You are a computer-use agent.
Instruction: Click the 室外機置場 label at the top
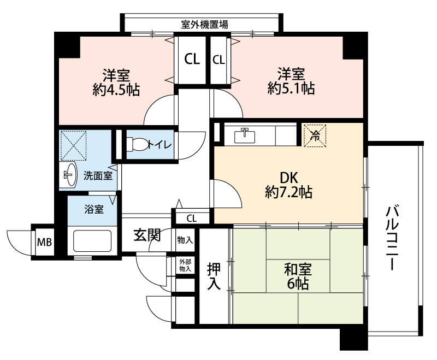click(x=204, y=25)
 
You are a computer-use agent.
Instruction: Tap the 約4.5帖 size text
click(x=116, y=90)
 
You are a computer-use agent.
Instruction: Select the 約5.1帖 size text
click(x=291, y=88)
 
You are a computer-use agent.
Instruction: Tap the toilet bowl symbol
click(x=138, y=144)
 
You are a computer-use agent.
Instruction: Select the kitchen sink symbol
click(x=245, y=135)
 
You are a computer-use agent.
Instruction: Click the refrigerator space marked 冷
click(x=315, y=135)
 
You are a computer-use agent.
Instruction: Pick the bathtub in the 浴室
click(x=92, y=241)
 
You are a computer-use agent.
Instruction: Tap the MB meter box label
click(x=45, y=242)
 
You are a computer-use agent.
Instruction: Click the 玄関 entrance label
click(x=147, y=235)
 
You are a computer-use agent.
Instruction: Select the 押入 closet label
click(x=214, y=276)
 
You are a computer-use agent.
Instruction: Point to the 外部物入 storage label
click(x=185, y=265)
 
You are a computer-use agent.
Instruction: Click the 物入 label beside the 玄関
click(x=185, y=240)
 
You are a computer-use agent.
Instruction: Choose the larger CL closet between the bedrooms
click(x=192, y=59)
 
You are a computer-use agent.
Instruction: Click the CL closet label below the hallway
click(x=192, y=219)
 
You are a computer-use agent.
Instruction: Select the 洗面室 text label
click(x=98, y=176)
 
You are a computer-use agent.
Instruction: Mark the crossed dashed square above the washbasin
click(x=74, y=146)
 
